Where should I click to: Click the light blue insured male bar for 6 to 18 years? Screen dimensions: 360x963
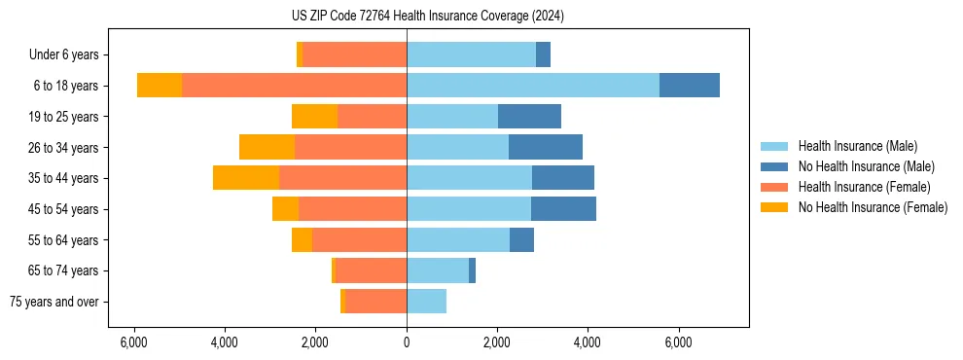(x=533, y=86)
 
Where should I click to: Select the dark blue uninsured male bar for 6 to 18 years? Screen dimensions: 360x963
(x=690, y=86)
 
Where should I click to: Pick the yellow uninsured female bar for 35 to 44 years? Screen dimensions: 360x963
(x=246, y=178)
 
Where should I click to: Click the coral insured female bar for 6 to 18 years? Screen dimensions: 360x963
(x=294, y=86)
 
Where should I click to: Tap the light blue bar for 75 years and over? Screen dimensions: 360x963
(x=426, y=302)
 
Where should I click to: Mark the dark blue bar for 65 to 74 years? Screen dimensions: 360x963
(x=472, y=270)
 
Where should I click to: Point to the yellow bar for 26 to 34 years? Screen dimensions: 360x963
(x=267, y=147)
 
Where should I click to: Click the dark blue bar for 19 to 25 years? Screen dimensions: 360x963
(x=529, y=117)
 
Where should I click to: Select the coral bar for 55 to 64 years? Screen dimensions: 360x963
(x=359, y=239)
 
